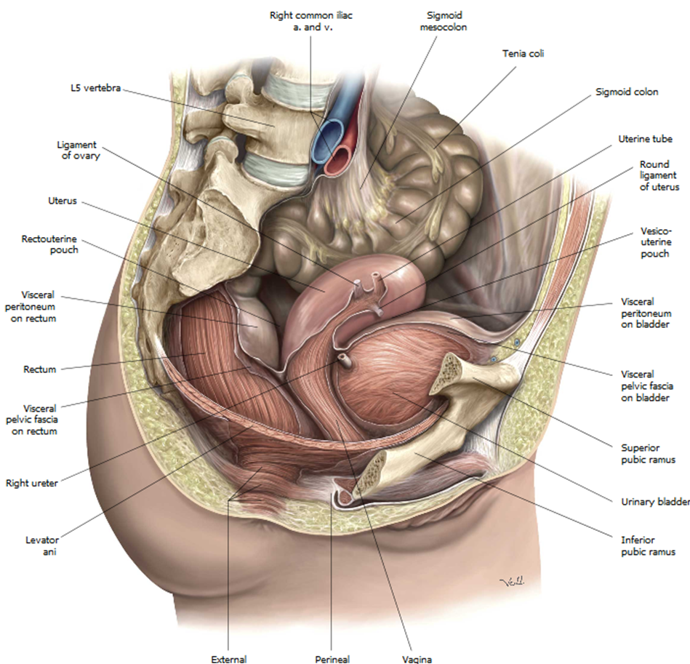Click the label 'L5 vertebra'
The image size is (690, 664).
91,89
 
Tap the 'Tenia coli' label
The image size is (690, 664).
523,53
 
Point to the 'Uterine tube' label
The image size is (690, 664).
645,139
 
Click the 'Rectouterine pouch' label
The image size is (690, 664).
50,244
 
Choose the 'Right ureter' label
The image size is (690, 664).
31,481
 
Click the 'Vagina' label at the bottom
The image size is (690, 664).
416,659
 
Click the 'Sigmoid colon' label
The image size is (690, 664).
627,92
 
